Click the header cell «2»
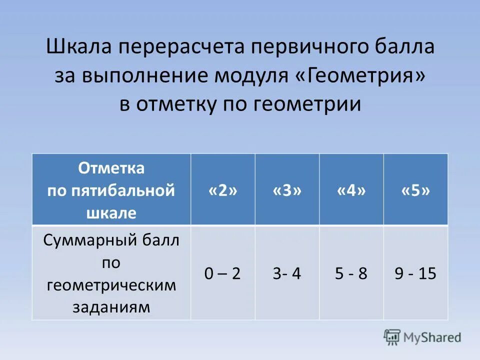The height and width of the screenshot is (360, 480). [x=222, y=190]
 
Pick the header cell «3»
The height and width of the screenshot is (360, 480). [x=287, y=190]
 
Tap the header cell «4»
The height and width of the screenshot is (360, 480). [x=351, y=190]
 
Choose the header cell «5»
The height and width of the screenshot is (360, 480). [x=415, y=190]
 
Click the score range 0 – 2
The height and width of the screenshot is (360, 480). [x=222, y=273]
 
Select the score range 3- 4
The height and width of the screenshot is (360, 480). [x=287, y=273]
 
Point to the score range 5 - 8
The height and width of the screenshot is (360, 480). [x=351, y=273]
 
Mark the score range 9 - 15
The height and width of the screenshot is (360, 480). [x=415, y=273]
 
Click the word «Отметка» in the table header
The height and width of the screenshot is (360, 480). [x=111, y=168]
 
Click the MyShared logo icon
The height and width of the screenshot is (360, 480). [x=392, y=336]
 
